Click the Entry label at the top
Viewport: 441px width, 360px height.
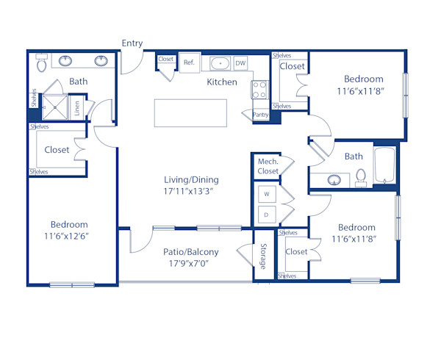[x=132, y=43]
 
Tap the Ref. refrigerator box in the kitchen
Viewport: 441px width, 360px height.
[x=189, y=62]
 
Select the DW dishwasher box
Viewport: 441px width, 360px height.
[x=241, y=63]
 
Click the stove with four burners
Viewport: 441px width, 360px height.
[x=259, y=90]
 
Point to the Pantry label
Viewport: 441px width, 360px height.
[x=260, y=115]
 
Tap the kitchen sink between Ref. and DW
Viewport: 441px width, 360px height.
[x=220, y=63]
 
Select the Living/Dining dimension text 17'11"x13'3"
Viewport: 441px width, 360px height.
[x=191, y=191]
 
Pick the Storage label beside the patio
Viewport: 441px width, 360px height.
[x=262, y=256]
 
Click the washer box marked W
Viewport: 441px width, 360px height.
[x=268, y=195]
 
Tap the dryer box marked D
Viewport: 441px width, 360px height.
[x=268, y=214]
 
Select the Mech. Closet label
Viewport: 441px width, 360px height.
[x=268, y=166]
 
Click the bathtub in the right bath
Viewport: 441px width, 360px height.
[x=385, y=167]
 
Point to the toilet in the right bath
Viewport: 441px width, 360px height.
[x=360, y=177]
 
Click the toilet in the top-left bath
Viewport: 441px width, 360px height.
[x=43, y=65]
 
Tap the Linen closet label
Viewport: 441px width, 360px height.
[x=76, y=107]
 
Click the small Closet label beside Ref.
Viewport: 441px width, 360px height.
[x=166, y=59]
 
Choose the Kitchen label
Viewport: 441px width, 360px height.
[x=221, y=82]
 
